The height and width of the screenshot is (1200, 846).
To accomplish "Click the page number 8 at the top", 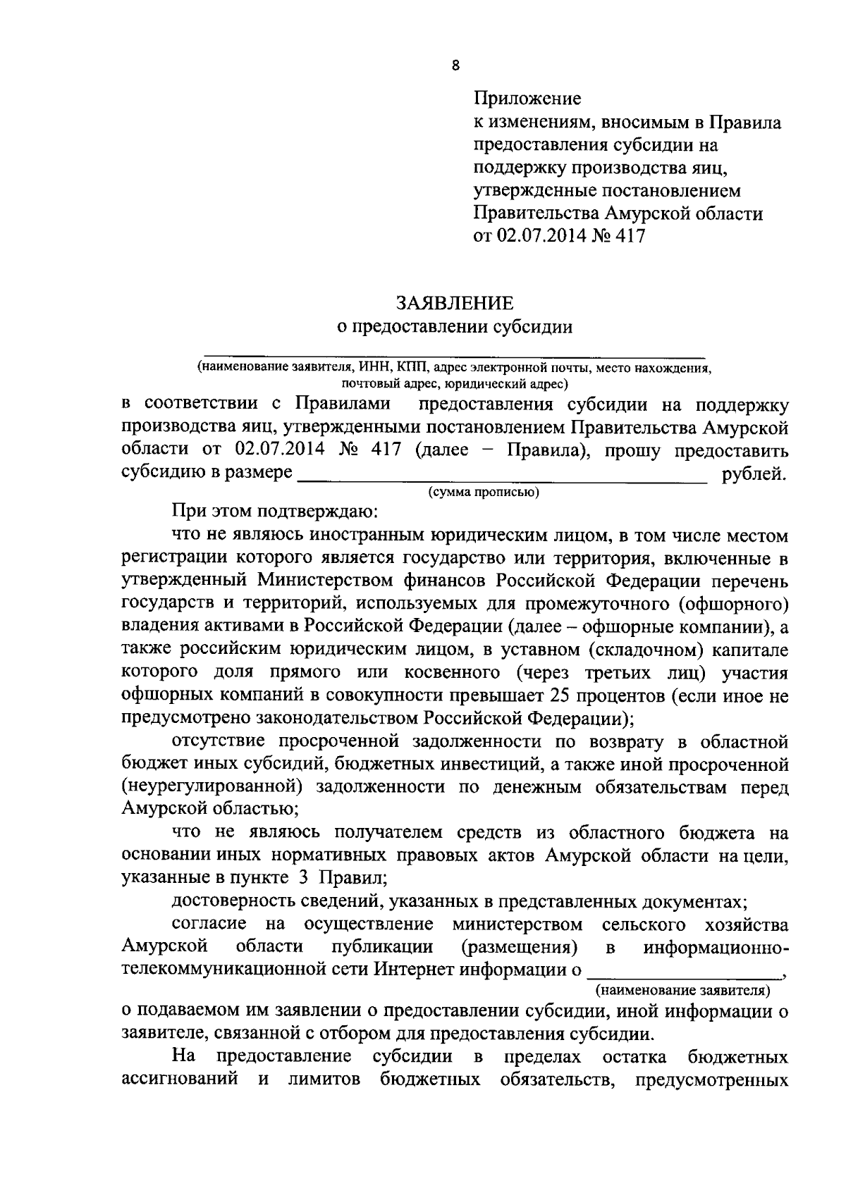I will pyautogui.click(x=455, y=66).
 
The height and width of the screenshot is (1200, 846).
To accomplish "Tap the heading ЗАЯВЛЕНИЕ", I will pyautogui.click(x=454, y=303).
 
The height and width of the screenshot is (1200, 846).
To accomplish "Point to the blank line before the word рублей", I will pyautogui.click(x=502, y=481).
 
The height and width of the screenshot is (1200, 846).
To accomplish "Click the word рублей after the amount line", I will pyautogui.click(x=754, y=474).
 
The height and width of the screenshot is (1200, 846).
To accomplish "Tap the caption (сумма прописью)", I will pyautogui.click(x=483, y=493).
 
